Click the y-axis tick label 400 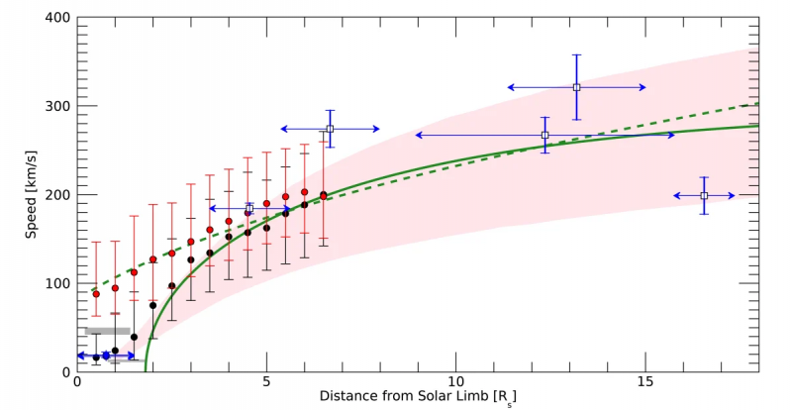click(x=55, y=18)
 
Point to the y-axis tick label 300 click(x=55, y=106)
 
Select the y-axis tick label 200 click(x=55, y=195)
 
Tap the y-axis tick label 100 click(x=55, y=283)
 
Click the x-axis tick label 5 click(x=266, y=381)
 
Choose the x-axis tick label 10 click(x=456, y=381)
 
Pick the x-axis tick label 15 click(x=645, y=381)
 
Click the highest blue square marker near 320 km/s click(x=576, y=87)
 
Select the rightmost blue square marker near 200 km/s click(x=704, y=196)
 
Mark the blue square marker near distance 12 click(x=544, y=135)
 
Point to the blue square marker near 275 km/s click(x=331, y=129)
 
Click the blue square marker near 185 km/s click(x=249, y=208)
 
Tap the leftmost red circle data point click(x=96, y=294)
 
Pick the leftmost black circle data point click(x=96, y=358)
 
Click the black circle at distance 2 click(x=152, y=305)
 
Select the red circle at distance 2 click(x=152, y=259)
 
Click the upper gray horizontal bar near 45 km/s click(x=108, y=331)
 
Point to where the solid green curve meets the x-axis click(x=146, y=370)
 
